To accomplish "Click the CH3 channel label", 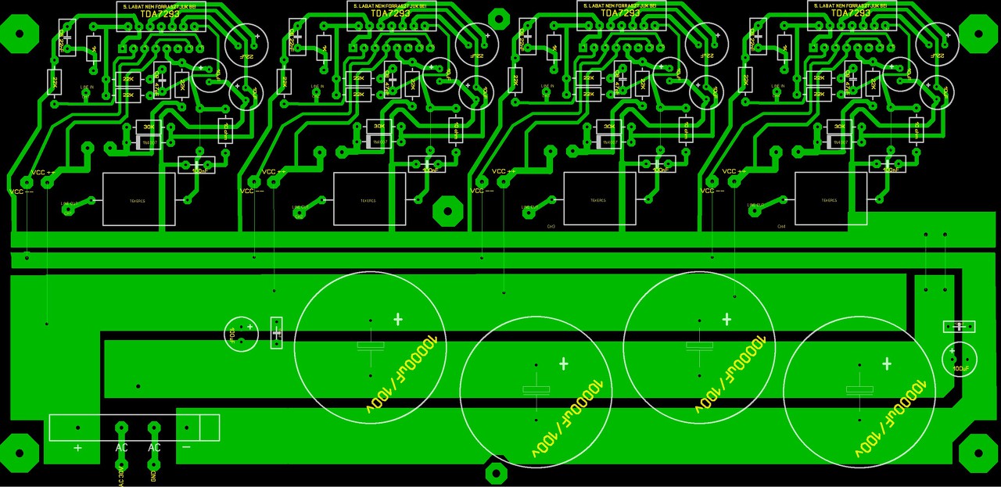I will pos(551,227).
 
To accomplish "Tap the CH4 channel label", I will pos(781,227).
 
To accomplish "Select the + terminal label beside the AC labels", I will pos(77,448).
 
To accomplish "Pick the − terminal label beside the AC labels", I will pos(186,447).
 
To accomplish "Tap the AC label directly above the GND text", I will pos(154,448).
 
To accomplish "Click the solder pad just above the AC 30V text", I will pos(121,428).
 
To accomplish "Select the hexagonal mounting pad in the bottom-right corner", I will pos(977,453).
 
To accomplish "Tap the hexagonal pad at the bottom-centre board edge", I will pos(496,472).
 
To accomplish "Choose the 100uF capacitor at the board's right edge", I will pos(960,359).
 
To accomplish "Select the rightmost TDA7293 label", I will pos(850,13).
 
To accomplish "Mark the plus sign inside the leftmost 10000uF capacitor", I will pos(398,319).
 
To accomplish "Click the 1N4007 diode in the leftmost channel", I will pos(148,142).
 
